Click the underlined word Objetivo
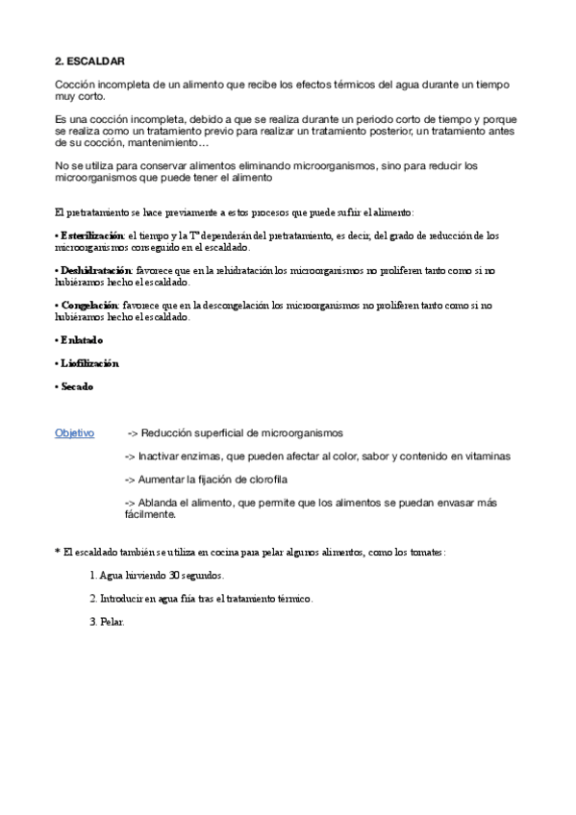point(74,432)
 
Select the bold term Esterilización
point(92,235)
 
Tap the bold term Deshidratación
point(94,271)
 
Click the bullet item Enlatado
point(81,340)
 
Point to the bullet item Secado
point(77,386)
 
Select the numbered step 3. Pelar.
point(106,621)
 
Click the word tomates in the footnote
point(426,552)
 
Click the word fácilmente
point(150,513)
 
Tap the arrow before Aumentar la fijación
point(132,479)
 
